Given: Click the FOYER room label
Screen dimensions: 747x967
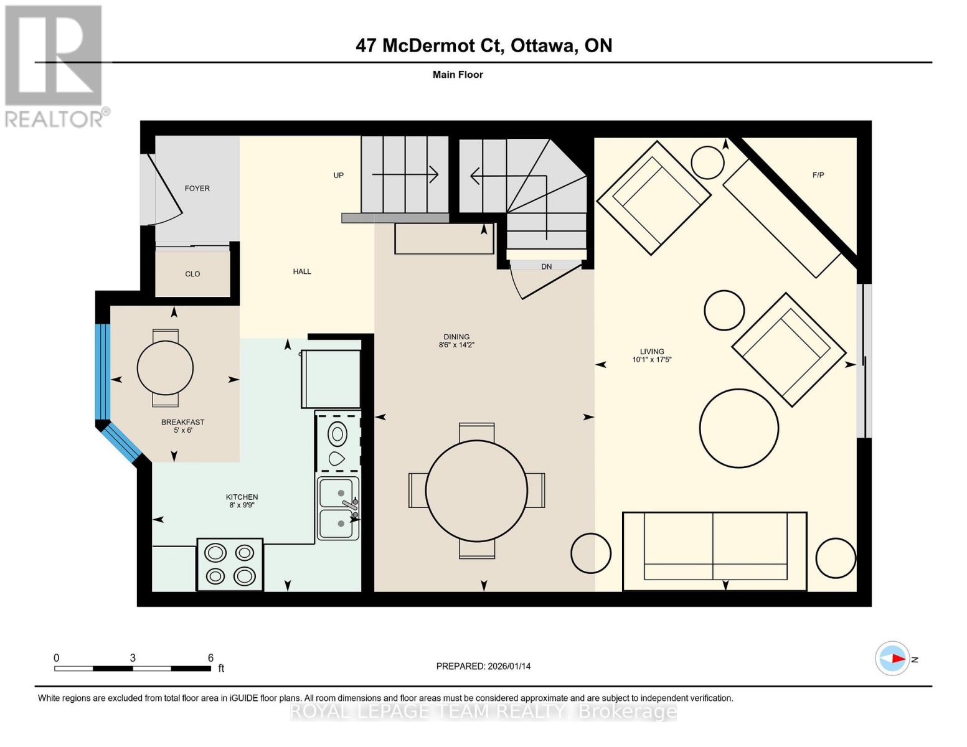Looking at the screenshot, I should pyautogui.click(x=197, y=188).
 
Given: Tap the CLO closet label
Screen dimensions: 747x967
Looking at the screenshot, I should pyautogui.click(x=192, y=274).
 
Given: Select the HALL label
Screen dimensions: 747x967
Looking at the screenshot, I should pyautogui.click(x=302, y=271).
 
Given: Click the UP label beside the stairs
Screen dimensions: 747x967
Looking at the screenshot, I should pyautogui.click(x=338, y=175).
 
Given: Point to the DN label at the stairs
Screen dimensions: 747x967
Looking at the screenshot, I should pyautogui.click(x=546, y=266).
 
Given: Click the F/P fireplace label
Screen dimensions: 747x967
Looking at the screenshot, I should pyautogui.click(x=818, y=175).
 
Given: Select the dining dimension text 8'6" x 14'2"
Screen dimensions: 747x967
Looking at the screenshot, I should pyautogui.click(x=456, y=345).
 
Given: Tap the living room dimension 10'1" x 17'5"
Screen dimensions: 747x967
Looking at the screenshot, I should pyautogui.click(x=652, y=360).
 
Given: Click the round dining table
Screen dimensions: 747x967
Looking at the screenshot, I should pyautogui.click(x=476, y=491).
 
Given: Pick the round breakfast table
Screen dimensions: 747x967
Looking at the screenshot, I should pyautogui.click(x=165, y=367).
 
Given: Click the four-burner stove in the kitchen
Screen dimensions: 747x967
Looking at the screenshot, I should pyautogui.click(x=230, y=565).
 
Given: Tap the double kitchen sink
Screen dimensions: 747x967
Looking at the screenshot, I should pyautogui.click(x=339, y=508).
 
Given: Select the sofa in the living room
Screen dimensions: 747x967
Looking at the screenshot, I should pyautogui.click(x=715, y=550).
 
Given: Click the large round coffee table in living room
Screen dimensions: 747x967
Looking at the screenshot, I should pyautogui.click(x=738, y=428).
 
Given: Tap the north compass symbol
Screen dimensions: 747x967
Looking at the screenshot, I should pyautogui.click(x=893, y=659).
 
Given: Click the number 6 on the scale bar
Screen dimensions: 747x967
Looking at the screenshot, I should pyautogui.click(x=210, y=658).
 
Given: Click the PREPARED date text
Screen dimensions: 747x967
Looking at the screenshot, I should pyautogui.click(x=483, y=666).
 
